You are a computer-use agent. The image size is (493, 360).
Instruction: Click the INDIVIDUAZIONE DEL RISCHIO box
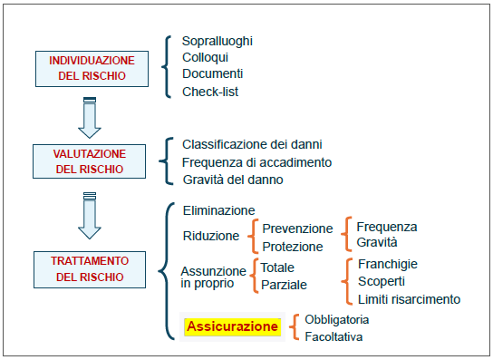click(x=92, y=69)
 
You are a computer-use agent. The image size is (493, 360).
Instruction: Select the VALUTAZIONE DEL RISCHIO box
click(x=90, y=161)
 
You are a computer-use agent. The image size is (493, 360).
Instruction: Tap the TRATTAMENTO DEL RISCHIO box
click(x=90, y=269)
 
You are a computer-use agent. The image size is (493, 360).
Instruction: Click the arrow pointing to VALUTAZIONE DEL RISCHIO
click(x=90, y=118)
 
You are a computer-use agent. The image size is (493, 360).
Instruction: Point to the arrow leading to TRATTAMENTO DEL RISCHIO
click(x=90, y=216)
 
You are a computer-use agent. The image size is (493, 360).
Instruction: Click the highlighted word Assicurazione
click(x=232, y=326)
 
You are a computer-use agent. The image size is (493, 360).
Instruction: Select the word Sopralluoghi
click(x=217, y=41)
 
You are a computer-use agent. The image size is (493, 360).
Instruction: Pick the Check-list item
click(x=210, y=92)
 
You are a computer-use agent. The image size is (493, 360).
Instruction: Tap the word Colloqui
click(x=206, y=58)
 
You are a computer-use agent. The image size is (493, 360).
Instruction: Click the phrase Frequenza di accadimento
click(x=256, y=162)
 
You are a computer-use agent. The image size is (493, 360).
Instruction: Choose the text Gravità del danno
click(x=233, y=180)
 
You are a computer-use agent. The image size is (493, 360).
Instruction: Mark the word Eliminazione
click(x=218, y=210)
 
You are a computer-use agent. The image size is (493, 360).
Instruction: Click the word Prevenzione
click(x=297, y=229)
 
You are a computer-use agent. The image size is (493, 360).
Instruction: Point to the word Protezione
click(x=293, y=247)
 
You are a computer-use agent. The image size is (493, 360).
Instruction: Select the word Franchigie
click(x=388, y=265)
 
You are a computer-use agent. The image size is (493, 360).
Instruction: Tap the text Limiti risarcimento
click(x=409, y=299)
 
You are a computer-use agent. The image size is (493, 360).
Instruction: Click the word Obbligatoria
click(x=337, y=320)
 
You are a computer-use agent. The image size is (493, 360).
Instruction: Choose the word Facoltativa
click(x=333, y=337)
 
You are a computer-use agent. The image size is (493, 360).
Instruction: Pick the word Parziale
click(x=284, y=285)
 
